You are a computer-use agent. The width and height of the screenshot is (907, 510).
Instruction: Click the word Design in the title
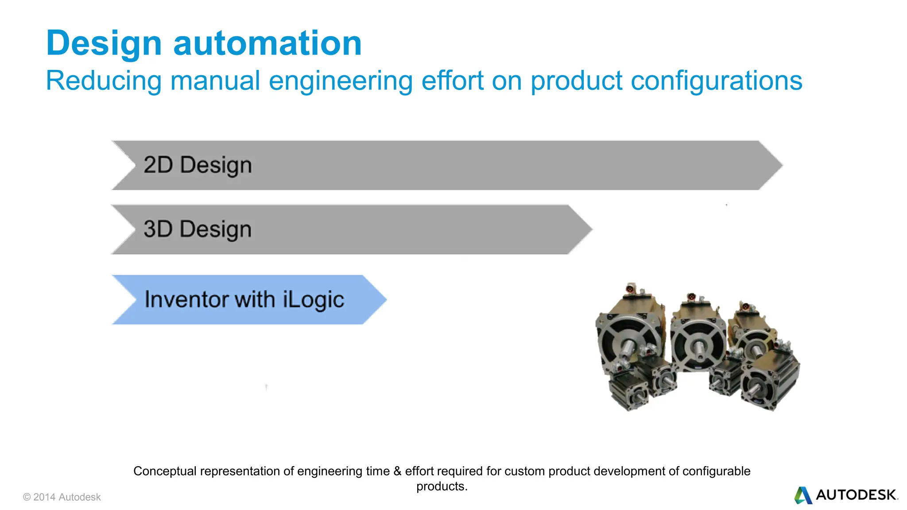click(x=104, y=43)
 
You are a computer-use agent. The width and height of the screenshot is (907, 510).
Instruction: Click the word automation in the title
click(x=267, y=43)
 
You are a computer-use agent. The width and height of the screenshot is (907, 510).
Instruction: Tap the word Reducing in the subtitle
click(x=104, y=81)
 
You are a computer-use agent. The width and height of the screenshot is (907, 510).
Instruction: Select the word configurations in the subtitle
click(x=716, y=81)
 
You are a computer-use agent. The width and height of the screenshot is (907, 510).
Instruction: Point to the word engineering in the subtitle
click(x=340, y=81)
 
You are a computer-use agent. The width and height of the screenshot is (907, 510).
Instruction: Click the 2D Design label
click(x=198, y=165)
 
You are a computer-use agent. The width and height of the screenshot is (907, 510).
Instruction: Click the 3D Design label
click(x=198, y=229)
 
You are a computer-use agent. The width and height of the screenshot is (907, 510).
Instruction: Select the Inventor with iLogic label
click(x=244, y=300)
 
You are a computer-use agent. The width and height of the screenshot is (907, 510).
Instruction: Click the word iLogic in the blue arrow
click(x=313, y=300)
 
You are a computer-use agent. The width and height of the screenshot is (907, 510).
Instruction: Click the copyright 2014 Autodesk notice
click(x=62, y=497)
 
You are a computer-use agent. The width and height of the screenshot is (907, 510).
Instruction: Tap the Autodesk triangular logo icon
click(x=802, y=495)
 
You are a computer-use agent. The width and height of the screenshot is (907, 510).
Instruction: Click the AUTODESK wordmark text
click(x=856, y=495)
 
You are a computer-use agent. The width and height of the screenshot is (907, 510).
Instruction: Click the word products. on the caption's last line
click(x=442, y=486)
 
